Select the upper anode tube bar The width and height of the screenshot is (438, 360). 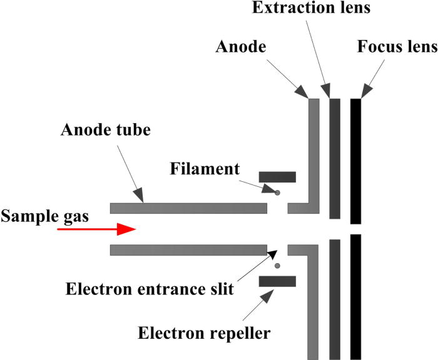(188, 208)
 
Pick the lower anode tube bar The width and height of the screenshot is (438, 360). (188, 250)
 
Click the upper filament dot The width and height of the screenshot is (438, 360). (277, 192)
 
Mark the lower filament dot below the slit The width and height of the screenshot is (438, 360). (277, 266)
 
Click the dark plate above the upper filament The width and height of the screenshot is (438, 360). (277, 177)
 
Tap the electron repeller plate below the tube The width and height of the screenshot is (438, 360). (277, 282)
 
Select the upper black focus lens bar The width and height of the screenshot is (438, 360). (355, 161)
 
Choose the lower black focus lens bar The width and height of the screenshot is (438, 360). (355, 297)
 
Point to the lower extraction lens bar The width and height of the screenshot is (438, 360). (335, 299)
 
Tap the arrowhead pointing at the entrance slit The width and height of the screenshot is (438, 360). (273, 253)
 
